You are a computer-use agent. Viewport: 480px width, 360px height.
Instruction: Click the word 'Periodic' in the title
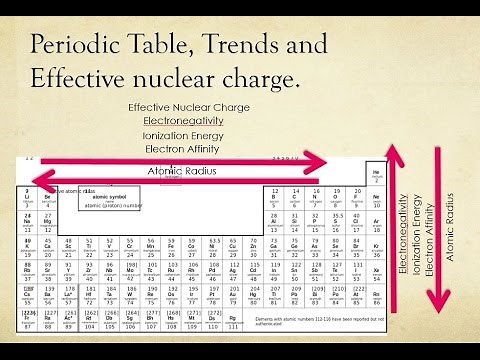click(83, 47)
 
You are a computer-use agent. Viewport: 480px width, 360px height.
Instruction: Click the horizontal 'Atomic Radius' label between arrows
click(182, 172)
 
